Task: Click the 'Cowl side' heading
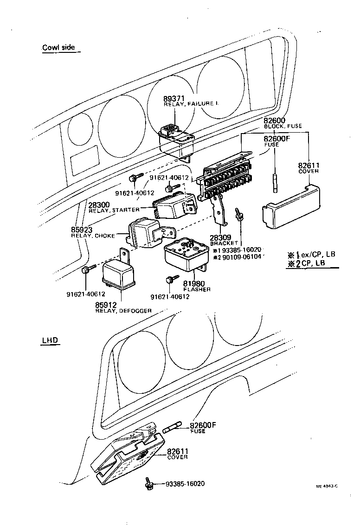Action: [x=58, y=47]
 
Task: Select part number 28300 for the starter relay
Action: [x=99, y=205]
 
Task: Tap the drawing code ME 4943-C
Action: [x=327, y=486]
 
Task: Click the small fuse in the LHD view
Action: [x=174, y=426]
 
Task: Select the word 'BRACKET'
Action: [x=224, y=243]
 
